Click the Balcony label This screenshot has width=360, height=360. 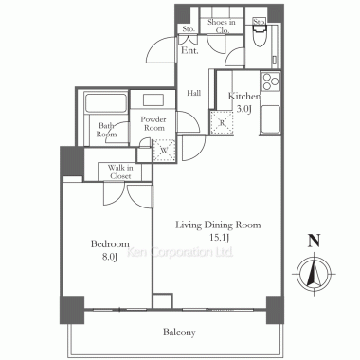pos(179,333)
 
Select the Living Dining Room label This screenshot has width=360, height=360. pos(218,225)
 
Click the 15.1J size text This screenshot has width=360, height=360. pos(219,238)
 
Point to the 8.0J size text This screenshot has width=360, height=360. pos(110,257)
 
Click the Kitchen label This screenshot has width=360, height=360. pos(244,96)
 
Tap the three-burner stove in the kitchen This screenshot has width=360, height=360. pos(271,81)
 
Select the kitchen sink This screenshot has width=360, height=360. pos(270,119)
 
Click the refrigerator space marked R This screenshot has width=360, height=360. pos(222,122)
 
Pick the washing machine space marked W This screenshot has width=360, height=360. pos(164,151)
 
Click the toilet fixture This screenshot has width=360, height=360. pos(259,36)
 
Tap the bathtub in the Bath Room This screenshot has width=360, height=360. pos(105,102)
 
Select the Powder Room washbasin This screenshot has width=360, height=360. pos(153,100)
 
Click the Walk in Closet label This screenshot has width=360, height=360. pos(120,171)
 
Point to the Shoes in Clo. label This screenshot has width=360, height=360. pos(222,27)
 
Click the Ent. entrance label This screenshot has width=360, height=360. pos(189,50)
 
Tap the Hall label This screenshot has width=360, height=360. pos(193,93)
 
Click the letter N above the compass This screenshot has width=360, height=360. pos(315,241)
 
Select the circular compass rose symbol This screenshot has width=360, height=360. pos(315,274)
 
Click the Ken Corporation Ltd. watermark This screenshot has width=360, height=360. pos(180,252)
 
